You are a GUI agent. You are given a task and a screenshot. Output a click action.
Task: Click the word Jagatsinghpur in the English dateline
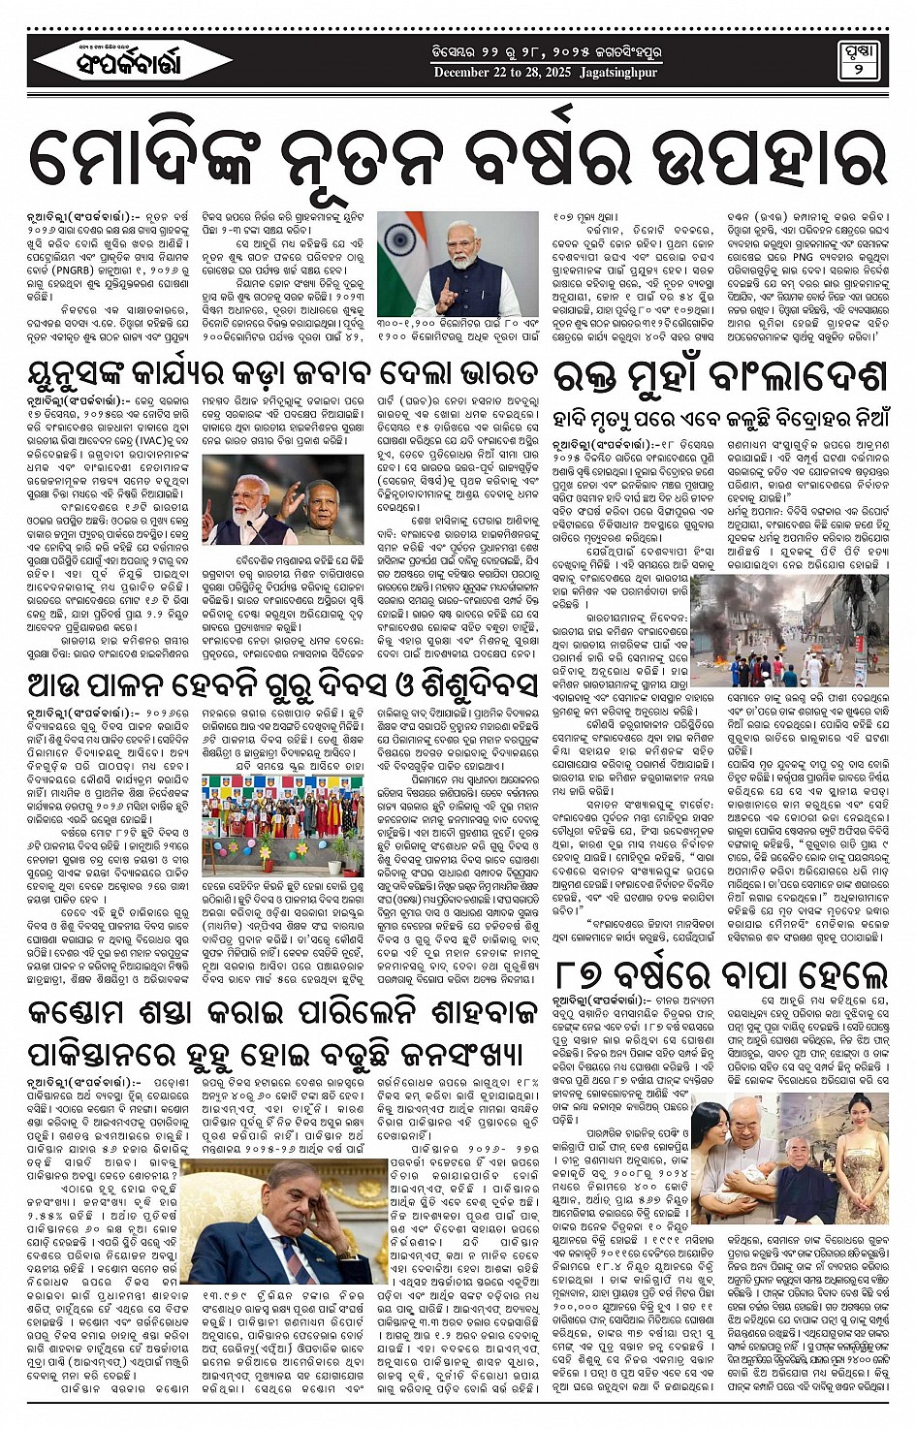point(617,73)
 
